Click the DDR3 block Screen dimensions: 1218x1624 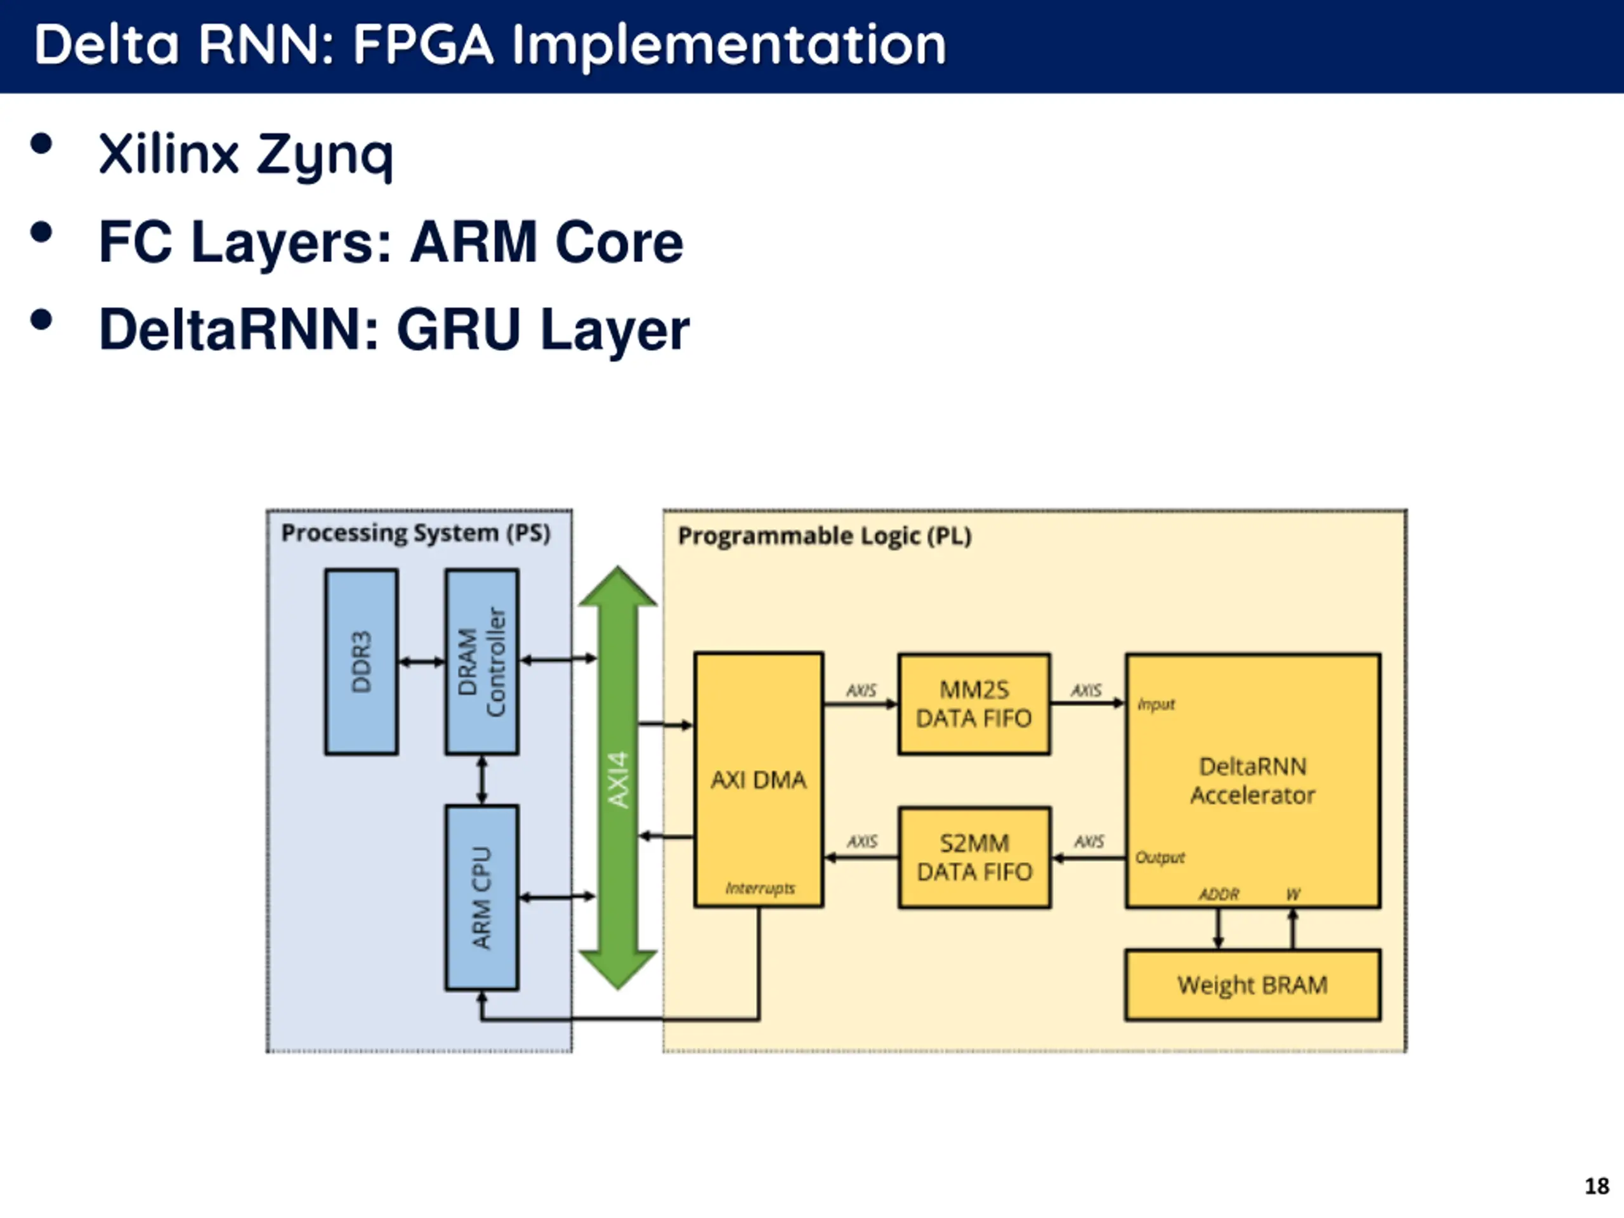click(x=361, y=662)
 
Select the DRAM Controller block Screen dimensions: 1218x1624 click(x=481, y=662)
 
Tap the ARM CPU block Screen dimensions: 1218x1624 click(x=481, y=897)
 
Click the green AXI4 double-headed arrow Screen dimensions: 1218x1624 click(x=617, y=778)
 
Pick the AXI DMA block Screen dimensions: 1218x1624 click(x=759, y=779)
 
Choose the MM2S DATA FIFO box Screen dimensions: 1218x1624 click(x=974, y=704)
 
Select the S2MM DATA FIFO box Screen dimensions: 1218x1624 click(x=974, y=858)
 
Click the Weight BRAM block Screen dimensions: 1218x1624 click(x=1252, y=985)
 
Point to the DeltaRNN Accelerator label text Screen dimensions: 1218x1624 click(x=1252, y=780)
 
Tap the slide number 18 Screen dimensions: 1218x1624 click(x=1596, y=1186)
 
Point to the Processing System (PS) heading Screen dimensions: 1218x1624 click(x=416, y=533)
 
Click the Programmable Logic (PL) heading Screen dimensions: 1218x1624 click(x=824, y=536)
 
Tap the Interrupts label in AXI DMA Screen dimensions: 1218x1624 click(x=760, y=888)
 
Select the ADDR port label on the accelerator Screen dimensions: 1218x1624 click(x=1219, y=894)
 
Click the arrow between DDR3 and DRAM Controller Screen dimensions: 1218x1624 click(x=421, y=662)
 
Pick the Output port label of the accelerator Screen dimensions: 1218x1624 click(x=1160, y=858)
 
